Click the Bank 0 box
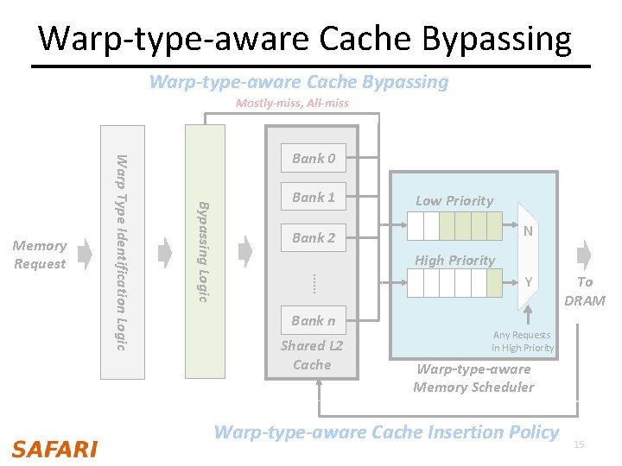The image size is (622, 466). [313, 158]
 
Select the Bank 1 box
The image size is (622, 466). [313, 198]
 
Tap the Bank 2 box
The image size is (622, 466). [313, 238]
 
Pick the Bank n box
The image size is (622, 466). [313, 321]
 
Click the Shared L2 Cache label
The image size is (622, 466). [312, 355]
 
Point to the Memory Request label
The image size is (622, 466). [40, 255]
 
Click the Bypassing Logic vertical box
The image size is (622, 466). [205, 252]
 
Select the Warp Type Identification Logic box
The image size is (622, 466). [123, 252]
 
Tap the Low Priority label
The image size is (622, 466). [454, 201]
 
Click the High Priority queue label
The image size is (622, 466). [454, 261]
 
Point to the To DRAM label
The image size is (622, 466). [585, 292]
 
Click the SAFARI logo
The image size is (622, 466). [54, 449]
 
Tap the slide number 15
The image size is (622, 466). [580, 444]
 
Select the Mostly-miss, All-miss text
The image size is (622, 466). [292, 104]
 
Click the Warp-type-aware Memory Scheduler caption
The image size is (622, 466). [473, 378]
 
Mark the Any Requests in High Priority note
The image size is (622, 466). [523, 341]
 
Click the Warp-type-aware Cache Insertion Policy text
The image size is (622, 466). [386, 432]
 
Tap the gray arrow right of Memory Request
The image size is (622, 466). [84, 252]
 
